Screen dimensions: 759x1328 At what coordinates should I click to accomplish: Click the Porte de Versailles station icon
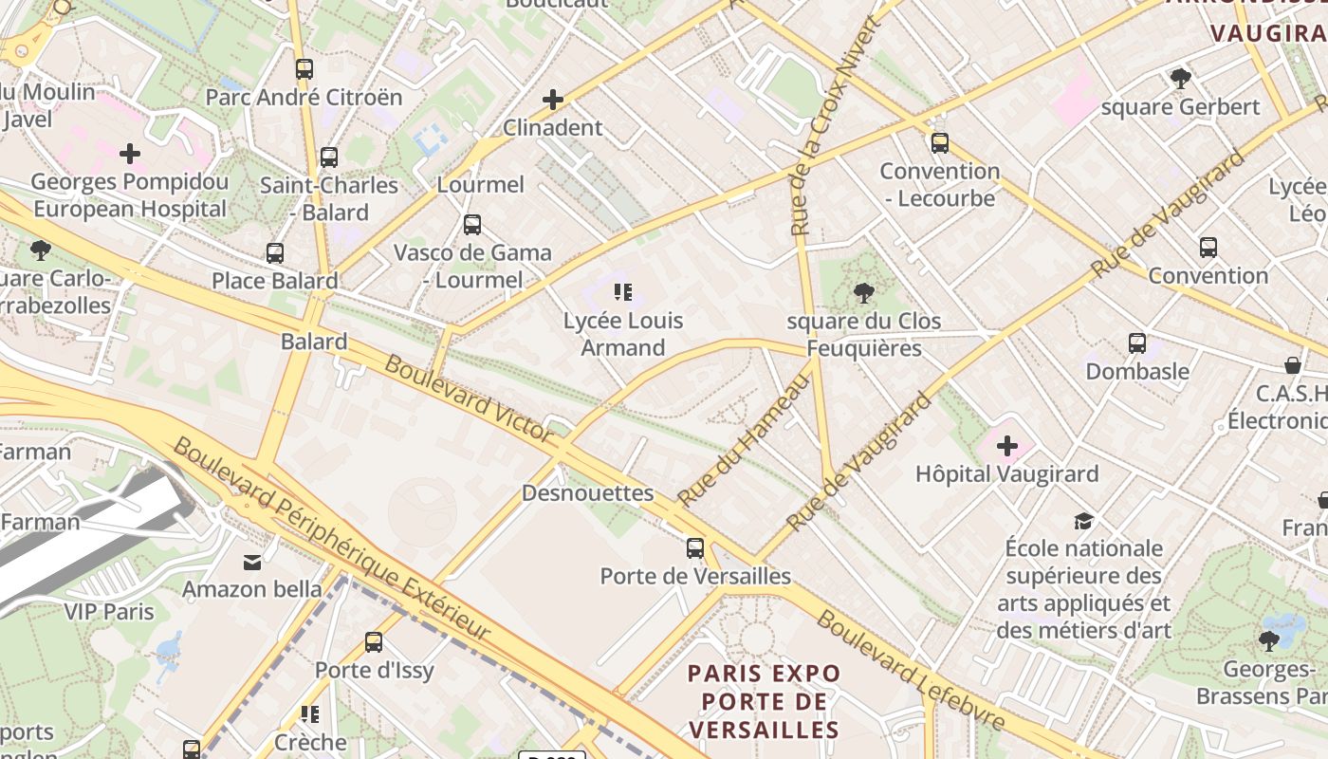pos(695,548)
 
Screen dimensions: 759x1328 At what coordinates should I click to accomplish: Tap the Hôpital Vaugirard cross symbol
pos(1007,446)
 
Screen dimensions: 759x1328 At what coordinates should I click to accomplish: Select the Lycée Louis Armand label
pos(623,334)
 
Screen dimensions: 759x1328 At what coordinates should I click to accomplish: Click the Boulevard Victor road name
pos(469,399)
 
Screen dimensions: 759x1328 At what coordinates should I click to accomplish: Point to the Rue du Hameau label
pos(745,439)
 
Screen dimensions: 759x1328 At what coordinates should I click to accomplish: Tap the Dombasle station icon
pos(1136,343)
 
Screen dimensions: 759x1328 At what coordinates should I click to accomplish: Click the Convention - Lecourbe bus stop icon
pos(939,143)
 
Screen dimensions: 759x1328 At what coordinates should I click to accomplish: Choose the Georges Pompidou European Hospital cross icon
pos(130,153)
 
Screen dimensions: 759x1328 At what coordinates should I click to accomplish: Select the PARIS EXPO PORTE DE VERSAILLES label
pos(764,701)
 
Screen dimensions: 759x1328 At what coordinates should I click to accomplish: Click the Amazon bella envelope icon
pos(252,563)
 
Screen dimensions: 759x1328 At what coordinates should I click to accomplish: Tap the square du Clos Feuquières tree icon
pos(863,293)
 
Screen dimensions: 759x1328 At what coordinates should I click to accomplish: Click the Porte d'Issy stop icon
pos(374,642)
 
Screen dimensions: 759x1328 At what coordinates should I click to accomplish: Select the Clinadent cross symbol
pos(552,100)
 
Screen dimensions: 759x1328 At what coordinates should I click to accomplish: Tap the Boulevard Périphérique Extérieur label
pos(332,539)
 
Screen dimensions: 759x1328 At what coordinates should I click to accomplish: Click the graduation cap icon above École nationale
pos(1083,521)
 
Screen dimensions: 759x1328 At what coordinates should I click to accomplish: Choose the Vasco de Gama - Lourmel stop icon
pos(471,225)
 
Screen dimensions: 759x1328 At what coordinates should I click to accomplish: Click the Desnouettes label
pos(588,493)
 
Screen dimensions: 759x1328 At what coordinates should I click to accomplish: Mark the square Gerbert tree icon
pos(1180,79)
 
